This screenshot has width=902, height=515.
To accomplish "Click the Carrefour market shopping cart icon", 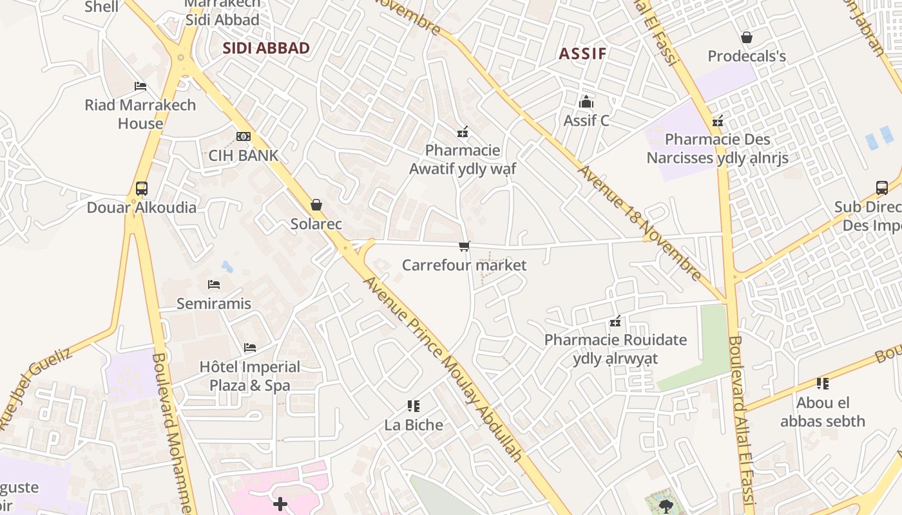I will click(x=464, y=246).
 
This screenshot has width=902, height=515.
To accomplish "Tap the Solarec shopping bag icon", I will click(x=316, y=205).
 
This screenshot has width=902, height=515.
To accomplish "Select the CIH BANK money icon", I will click(x=243, y=136).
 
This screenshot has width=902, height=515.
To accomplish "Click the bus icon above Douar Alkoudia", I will click(x=142, y=189).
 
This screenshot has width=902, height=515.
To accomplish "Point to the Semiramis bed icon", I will click(x=214, y=284).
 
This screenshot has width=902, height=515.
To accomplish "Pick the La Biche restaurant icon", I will click(x=414, y=406).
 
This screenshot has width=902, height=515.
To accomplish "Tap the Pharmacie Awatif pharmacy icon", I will click(x=462, y=133).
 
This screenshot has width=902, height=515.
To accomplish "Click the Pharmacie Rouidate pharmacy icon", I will click(x=615, y=321).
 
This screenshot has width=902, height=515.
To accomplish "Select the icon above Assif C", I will click(x=586, y=102).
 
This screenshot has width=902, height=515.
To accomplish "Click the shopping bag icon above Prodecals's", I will click(x=747, y=37).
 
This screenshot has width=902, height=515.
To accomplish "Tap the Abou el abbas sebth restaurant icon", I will click(x=822, y=384).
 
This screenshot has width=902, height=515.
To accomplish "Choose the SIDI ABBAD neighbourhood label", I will click(x=266, y=48).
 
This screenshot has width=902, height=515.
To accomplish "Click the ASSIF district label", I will click(x=582, y=53).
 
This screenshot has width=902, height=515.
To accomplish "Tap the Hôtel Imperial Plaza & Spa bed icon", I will click(x=250, y=348).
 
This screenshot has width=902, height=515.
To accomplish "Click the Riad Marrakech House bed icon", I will click(x=140, y=86).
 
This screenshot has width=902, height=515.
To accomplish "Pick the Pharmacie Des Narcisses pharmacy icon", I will click(x=718, y=120).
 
